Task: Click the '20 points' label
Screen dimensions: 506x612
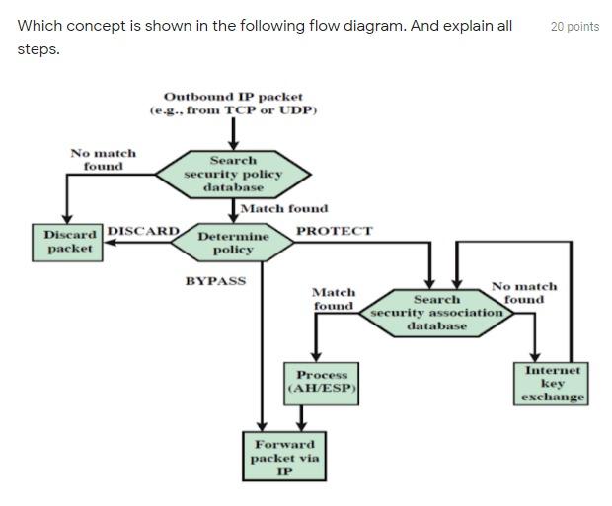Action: pyautogui.click(x=574, y=27)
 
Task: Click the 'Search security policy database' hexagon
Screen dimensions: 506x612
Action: pyautogui.click(x=233, y=174)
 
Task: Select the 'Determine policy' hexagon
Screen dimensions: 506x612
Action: pyautogui.click(x=233, y=243)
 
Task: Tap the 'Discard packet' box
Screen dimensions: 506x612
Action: pyautogui.click(x=69, y=242)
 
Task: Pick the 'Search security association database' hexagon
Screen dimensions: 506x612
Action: pyautogui.click(x=436, y=312)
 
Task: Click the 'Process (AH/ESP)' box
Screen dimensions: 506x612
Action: pyautogui.click(x=322, y=382)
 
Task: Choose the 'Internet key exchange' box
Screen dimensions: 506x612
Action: pyautogui.click(x=553, y=384)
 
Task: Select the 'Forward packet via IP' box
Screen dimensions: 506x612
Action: pyautogui.click(x=284, y=458)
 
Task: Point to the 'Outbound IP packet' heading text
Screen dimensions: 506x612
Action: pyautogui.click(x=233, y=97)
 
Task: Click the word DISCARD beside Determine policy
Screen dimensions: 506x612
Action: pyautogui.click(x=142, y=231)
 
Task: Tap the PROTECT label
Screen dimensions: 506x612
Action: pyautogui.click(x=334, y=231)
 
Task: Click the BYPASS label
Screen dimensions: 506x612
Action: pyautogui.click(x=215, y=281)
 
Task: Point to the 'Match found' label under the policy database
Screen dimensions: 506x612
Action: pyautogui.click(x=284, y=208)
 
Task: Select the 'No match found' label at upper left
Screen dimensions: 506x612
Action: pyautogui.click(x=103, y=160)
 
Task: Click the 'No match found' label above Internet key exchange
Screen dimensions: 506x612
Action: pyautogui.click(x=523, y=292)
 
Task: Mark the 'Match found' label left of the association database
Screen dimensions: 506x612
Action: pyautogui.click(x=334, y=299)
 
